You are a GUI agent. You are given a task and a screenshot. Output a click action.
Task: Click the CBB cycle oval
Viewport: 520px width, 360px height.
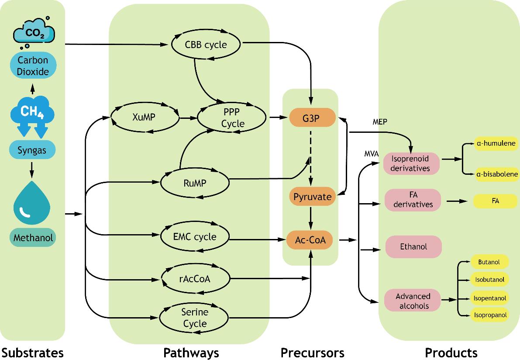point(206,45)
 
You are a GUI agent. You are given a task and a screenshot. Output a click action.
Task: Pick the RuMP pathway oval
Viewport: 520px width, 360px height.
point(195,183)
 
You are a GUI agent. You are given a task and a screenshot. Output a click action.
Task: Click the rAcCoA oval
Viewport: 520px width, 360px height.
point(195,278)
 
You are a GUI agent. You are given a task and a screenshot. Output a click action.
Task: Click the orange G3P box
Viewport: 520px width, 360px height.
point(312,118)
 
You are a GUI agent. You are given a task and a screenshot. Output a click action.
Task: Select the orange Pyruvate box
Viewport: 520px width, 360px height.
point(312,197)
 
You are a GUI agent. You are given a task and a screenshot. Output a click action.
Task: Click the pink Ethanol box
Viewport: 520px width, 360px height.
point(413,247)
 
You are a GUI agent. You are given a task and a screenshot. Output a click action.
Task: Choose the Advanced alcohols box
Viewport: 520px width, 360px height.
point(413,301)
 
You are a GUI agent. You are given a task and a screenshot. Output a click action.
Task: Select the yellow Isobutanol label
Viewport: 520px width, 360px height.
point(489,279)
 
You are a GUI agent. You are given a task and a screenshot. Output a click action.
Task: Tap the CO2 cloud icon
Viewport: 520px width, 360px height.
point(34,32)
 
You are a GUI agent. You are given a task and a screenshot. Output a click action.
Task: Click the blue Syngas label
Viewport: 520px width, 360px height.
point(32,151)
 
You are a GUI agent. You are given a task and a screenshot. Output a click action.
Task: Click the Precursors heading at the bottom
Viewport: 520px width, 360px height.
point(312,352)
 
